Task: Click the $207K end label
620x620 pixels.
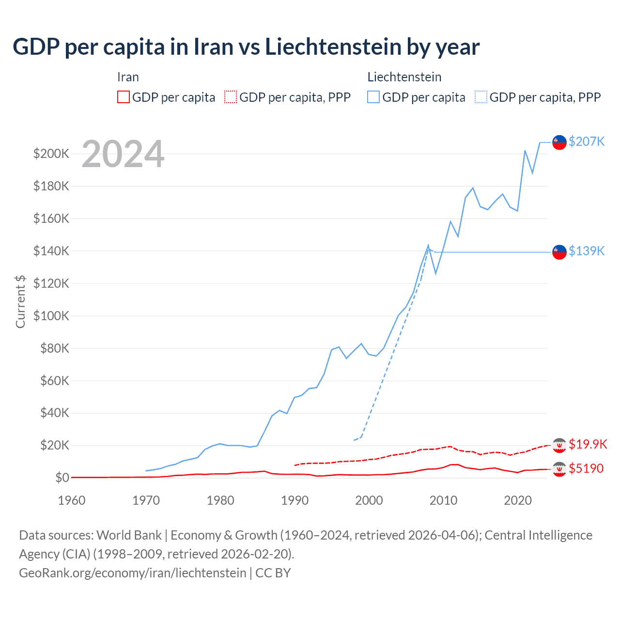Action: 587,141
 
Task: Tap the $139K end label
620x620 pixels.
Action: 587,251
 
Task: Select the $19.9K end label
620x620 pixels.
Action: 588,444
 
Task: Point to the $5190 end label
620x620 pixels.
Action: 586,468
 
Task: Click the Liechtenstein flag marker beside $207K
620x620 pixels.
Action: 559,142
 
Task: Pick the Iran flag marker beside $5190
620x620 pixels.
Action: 559,469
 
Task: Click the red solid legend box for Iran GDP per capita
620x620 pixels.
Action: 124,97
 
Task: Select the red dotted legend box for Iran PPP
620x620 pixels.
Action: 231,97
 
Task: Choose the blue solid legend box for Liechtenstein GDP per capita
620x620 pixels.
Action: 373,97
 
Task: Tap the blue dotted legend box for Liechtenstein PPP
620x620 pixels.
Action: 481,97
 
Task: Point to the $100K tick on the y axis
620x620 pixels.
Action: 51,316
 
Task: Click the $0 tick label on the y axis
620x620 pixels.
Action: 62,478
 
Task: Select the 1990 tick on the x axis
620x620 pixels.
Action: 294,500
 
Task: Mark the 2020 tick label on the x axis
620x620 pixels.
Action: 518,500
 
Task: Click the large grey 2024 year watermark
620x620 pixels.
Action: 123,154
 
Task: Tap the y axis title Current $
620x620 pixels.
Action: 20,301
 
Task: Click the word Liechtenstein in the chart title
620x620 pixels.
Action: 333,47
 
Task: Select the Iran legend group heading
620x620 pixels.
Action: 128,77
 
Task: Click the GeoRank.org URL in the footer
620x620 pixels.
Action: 132,573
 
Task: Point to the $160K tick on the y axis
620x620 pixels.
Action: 51,218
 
